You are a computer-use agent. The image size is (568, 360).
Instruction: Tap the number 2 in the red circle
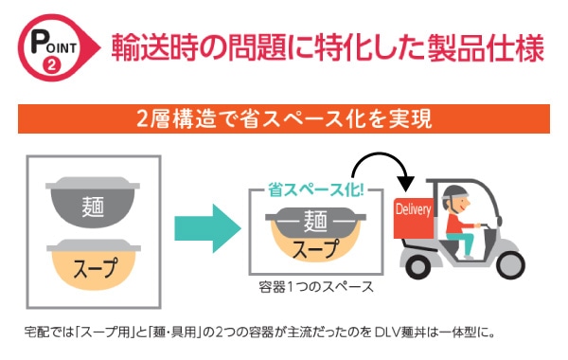(x=51, y=66)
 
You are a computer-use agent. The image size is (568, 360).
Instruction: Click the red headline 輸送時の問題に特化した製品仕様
(x=328, y=47)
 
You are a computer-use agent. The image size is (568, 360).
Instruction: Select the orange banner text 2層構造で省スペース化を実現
(x=284, y=118)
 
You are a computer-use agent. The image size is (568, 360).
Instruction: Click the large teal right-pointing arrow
(x=207, y=228)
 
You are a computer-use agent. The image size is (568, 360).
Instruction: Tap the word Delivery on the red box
(x=413, y=210)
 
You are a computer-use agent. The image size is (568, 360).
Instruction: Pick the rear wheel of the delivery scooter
(x=418, y=266)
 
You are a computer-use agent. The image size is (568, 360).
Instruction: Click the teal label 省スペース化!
(x=315, y=189)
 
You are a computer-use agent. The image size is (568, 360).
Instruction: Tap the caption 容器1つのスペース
(x=316, y=287)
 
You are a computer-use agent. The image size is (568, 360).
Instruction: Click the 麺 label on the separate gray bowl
(x=93, y=207)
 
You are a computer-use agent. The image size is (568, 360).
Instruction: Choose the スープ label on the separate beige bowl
(x=96, y=267)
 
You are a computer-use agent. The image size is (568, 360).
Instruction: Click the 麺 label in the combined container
(x=315, y=221)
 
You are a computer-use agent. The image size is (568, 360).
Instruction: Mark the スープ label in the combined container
(x=315, y=248)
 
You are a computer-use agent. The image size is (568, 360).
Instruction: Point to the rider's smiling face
(x=461, y=206)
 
